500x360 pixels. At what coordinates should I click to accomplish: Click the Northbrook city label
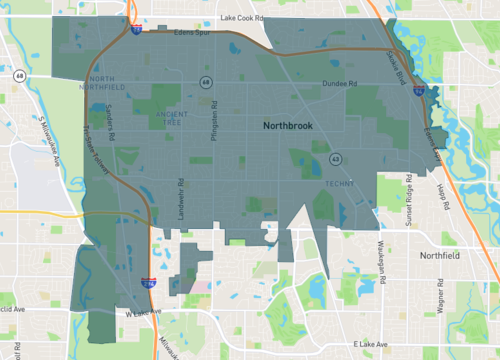tap(291, 127)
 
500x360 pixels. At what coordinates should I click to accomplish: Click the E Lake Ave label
tap(373, 343)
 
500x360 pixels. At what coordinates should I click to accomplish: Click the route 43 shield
tap(336, 158)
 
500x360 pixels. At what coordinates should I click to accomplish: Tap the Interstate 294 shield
tap(145, 284)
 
